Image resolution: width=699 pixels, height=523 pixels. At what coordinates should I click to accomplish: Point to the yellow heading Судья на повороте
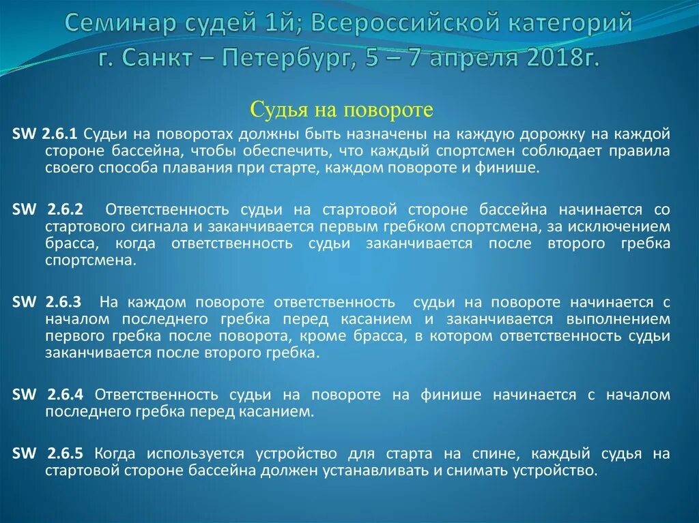point(342,108)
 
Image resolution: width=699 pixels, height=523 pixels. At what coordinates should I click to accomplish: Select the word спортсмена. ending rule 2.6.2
point(91,261)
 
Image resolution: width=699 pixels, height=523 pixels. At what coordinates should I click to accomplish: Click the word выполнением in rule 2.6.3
point(618,319)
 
